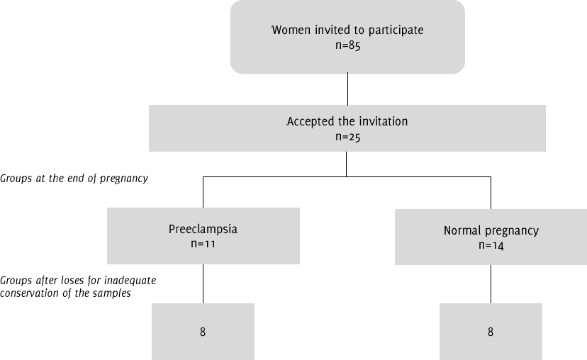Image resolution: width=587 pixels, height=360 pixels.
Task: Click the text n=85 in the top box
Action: pyautogui.click(x=348, y=45)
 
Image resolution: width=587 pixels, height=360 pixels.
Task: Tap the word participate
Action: pyautogui.click(x=396, y=30)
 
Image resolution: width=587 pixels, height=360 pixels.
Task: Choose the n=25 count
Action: pyautogui.click(x=348, y=137)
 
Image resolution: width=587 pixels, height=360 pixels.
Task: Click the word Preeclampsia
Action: pyautogui.click(x=203, y=230)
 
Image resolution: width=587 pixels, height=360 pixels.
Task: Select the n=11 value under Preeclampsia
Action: pyautogui.click(x=203, y=244)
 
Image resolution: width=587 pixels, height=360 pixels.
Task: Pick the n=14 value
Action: pyautogui.click(x=491, y=245)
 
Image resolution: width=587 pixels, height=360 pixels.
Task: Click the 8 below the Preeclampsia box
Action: pyautogui.click(x=203, y=332)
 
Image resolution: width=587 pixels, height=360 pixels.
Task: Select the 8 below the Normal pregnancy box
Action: pyautogui.click(x=491, y=332)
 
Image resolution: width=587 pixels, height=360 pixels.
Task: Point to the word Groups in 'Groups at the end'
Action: pyautogui.click(x=16, y=179)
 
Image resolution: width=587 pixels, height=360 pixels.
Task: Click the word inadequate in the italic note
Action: pyautogui.click(x=130, y=281)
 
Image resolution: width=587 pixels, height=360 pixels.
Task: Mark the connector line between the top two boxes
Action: pyautogui.click(x=348, y=89)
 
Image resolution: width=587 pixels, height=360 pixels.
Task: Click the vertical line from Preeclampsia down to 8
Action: pyautogui.click(x=203, y=283)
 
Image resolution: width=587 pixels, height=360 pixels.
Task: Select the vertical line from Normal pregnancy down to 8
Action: pyautogui.click(x=491, y=284)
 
